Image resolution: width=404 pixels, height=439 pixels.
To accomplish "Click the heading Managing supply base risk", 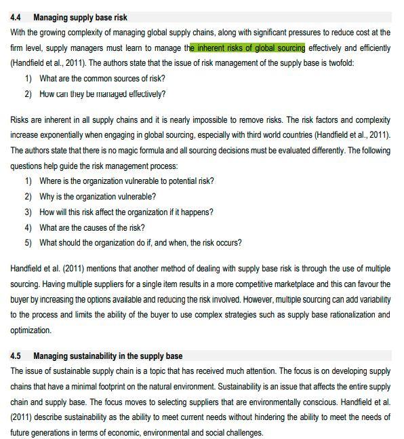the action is pos(80,18).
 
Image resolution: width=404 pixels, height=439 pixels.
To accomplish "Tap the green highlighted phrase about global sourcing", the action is pos(247,48).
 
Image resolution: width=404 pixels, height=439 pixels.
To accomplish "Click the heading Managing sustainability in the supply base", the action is pos(108,356).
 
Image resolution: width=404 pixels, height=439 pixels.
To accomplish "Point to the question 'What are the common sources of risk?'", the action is pos(102,79).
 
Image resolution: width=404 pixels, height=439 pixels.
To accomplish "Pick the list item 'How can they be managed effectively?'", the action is pos(102,94).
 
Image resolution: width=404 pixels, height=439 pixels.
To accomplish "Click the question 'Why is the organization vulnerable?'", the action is pos(97,197).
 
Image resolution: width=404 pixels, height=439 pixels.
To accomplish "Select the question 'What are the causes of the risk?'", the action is pos(92,228).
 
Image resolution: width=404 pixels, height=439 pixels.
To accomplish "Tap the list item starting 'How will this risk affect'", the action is pos(126,212).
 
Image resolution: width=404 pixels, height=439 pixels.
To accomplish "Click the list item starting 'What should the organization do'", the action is pos(140,243).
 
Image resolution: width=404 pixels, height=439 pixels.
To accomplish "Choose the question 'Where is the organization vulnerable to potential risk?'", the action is pos(126,181).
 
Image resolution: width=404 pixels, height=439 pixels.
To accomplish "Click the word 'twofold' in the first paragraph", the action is pos(338,63).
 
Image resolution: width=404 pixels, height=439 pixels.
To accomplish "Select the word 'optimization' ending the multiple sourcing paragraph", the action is pos(31,330).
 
